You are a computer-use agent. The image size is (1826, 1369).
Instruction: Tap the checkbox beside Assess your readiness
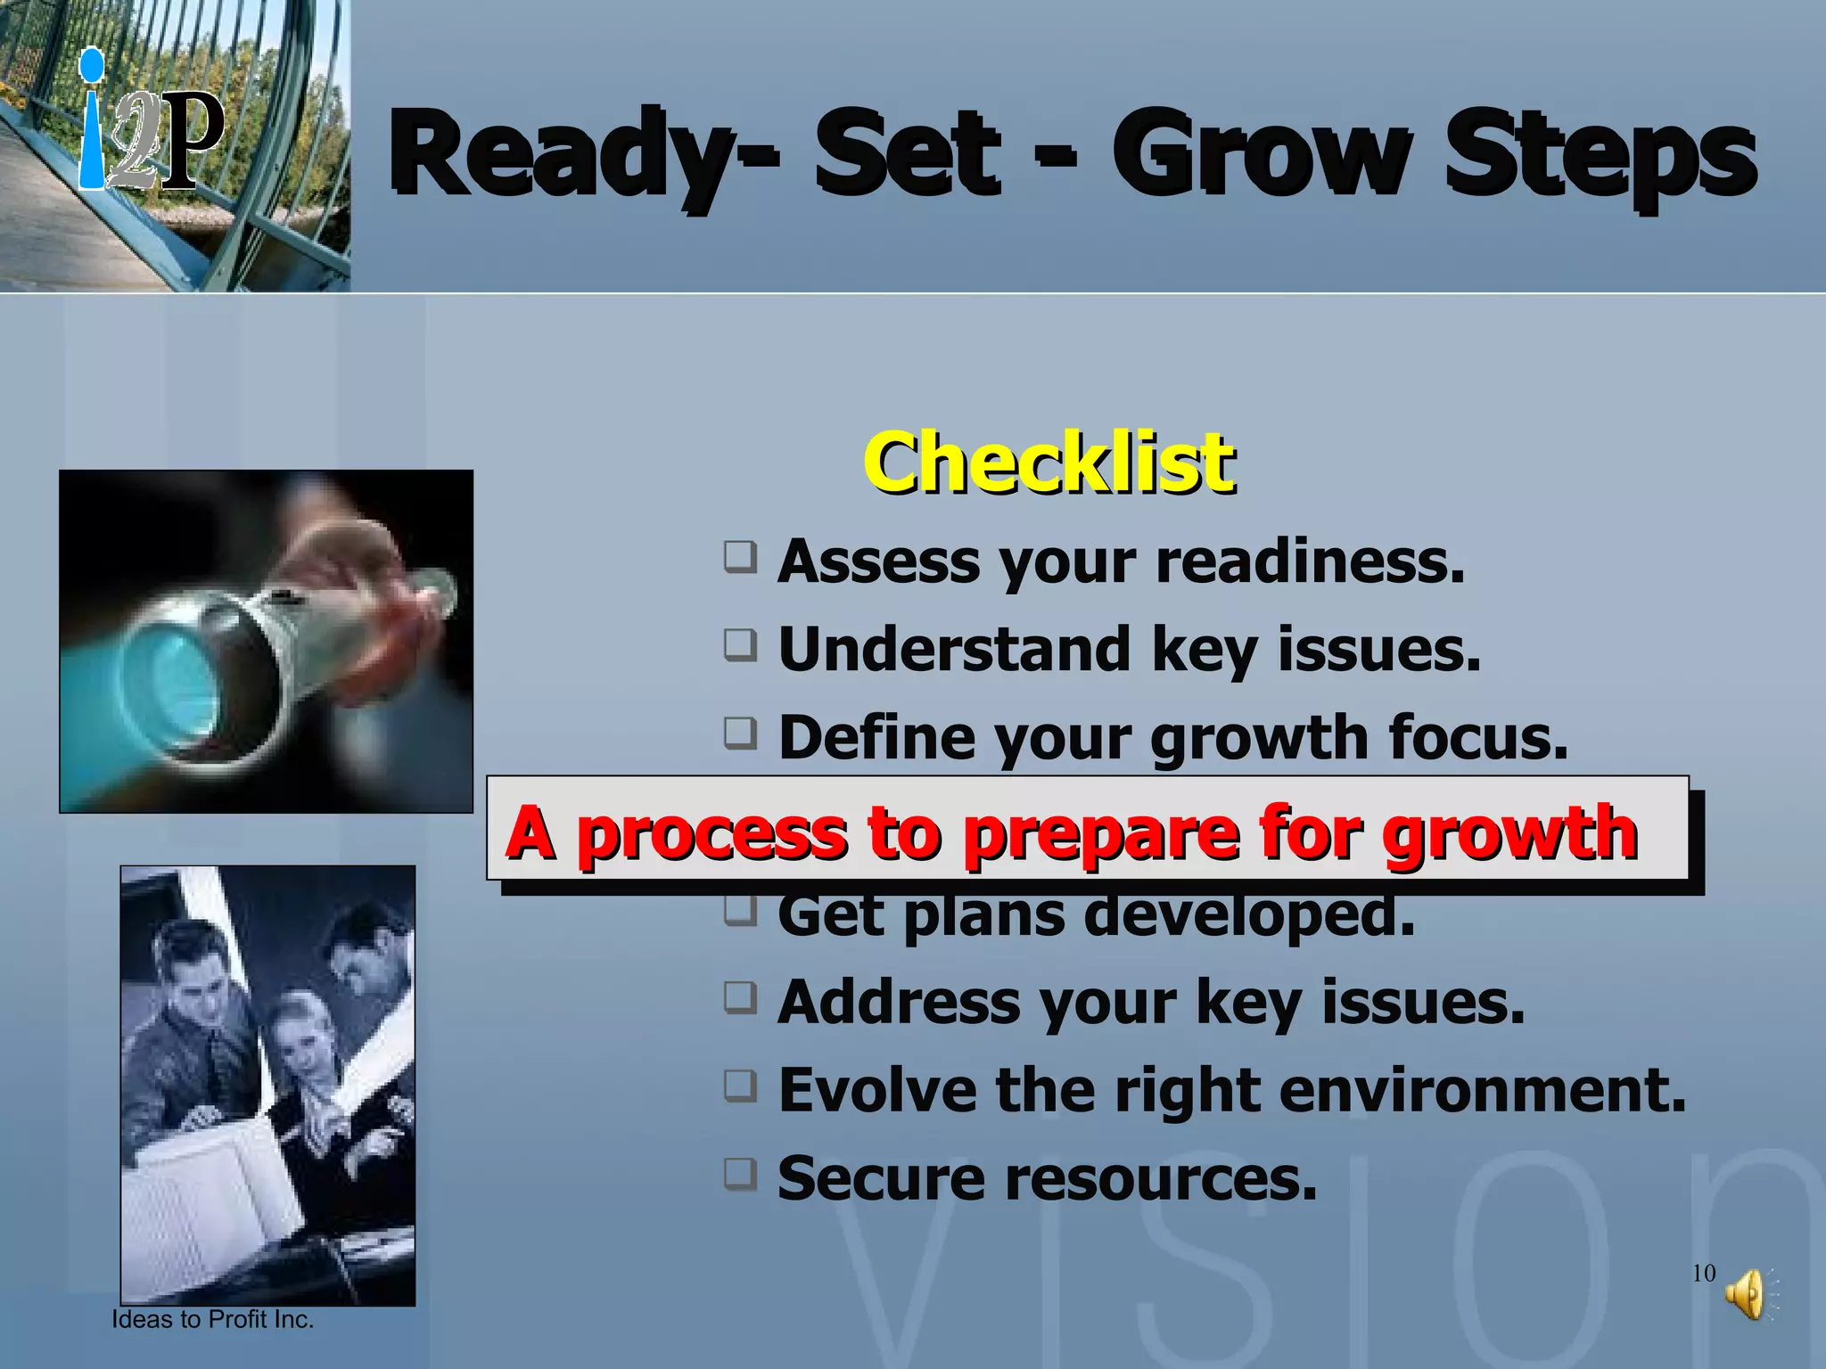tap(740, 557)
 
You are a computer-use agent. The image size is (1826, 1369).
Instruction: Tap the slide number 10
tap(1703, 1273)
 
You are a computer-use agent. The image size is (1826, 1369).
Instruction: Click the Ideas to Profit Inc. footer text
tap(212, 1320)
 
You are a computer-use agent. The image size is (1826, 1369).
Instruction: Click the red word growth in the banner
tap(1509, 833)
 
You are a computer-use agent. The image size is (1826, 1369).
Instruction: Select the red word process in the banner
tap(711, 833)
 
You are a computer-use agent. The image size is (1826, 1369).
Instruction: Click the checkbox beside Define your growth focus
tap(740, 734)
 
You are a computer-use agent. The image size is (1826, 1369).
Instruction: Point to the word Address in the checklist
tap(898, 1002)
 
